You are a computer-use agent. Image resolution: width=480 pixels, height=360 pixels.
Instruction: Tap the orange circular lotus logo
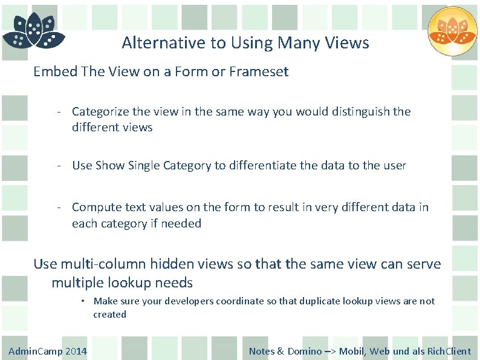(x=452, y=31)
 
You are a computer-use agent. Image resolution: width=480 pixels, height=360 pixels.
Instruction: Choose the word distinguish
(x=360, y=111)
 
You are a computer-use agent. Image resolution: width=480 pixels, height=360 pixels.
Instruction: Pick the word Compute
(x=95, y=207)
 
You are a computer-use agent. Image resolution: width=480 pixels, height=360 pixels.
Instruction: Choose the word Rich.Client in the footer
(x=449, y=352)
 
